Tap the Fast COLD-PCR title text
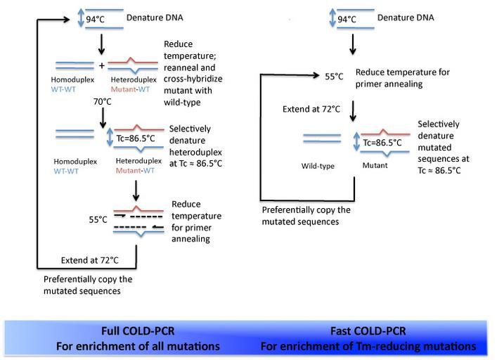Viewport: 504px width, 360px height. (368, 331)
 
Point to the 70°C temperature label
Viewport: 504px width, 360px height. (103, 102)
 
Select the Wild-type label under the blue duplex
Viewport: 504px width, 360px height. (318, 167)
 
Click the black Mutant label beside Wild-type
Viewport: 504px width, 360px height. (373, 167)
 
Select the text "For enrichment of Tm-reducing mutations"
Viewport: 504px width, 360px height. (368, 346)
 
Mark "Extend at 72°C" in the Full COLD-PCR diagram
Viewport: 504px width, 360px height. (90, 260)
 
